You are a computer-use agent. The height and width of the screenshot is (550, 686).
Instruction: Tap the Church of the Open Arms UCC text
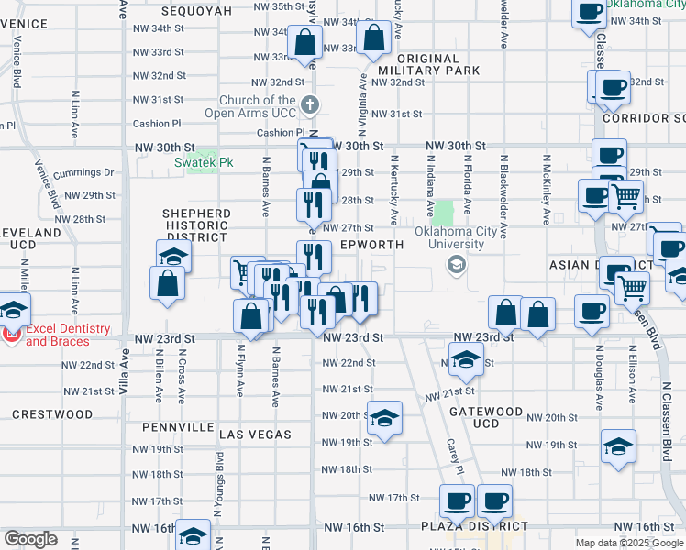click(x=257, y=106)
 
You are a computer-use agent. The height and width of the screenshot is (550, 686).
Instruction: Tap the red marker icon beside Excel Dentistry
click(x=10, y=335)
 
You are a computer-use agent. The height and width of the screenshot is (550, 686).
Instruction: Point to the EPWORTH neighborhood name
click(x=371, y=246)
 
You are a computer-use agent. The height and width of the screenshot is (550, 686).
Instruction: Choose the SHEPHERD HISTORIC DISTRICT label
click(x=195, y=225)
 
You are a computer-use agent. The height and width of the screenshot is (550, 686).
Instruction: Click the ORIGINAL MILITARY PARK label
click(x=428, y=64)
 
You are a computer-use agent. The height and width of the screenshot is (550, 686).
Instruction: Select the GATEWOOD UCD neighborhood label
click(x=486, y=417)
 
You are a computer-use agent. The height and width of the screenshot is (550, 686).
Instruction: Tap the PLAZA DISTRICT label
click(x=475, y=526)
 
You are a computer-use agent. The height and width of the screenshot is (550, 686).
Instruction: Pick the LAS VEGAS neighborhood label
click(x=255, y=434)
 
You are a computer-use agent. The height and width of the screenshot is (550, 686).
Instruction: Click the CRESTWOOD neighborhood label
click(x=52, y=414)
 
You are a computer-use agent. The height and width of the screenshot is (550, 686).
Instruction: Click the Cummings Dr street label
click(x=83, y=172)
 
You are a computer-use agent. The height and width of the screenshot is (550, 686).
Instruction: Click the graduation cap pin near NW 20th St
click(x=385, y=417)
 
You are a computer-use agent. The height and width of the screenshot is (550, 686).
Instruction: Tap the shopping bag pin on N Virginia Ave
click(x=373, y=38)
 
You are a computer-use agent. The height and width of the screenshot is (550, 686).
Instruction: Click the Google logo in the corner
click(x=30, y=539)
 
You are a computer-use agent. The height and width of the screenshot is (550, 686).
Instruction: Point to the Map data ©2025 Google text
click(x=629, y=543)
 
